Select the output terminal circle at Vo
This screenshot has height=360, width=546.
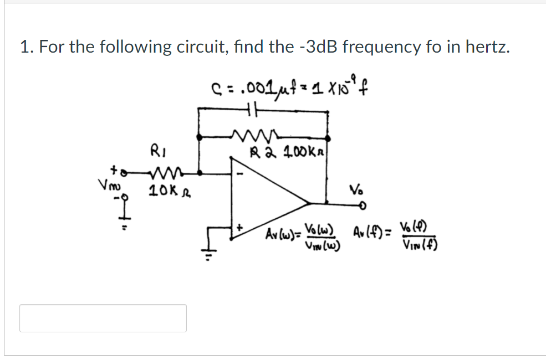[x=363, y=207]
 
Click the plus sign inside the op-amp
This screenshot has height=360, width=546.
[x=240, y=227]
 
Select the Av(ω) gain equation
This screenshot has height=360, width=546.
[x=304, y=237]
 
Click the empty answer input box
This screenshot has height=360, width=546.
[x=103, y=318]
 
